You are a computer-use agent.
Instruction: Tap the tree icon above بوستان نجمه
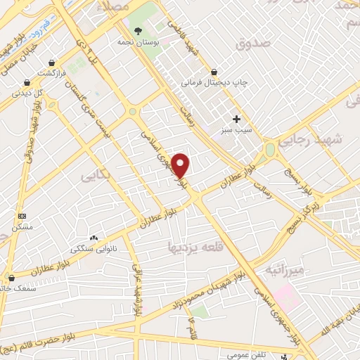[x=138, y=30]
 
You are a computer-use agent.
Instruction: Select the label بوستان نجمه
[x=139, y=42]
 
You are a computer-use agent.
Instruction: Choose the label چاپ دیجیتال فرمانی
[x=215, y=83]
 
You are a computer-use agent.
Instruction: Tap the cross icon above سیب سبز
[x=236, y=119]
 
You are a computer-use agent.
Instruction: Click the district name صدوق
[x=253, y=44]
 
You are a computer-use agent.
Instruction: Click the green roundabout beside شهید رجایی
[x=270, y=150]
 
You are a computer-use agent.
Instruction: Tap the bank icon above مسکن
[x=22, y=216]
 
